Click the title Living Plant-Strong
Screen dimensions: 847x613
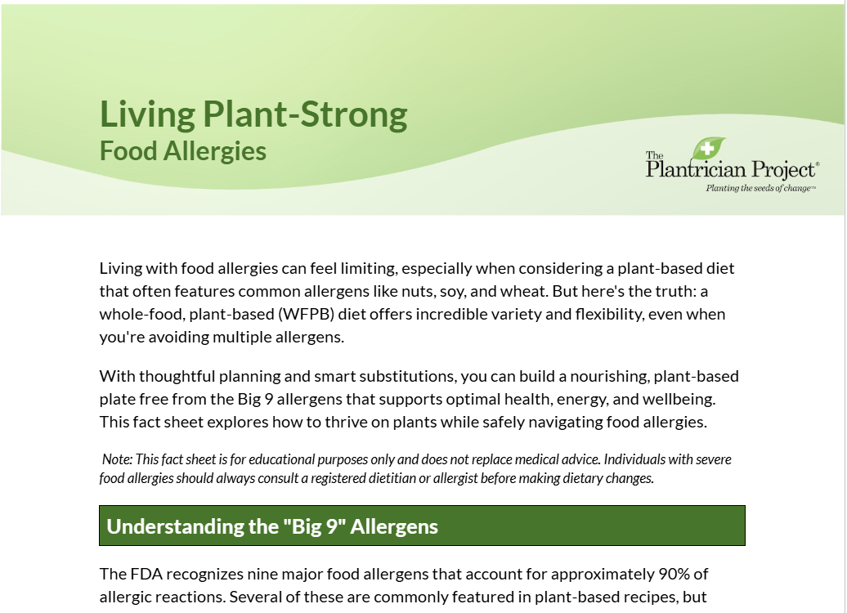click(x=253, y=114)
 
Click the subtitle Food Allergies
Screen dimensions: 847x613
click(x=183, y=151)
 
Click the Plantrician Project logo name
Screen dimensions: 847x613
click(x=732, y=168)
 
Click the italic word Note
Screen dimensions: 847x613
click(x=117, y=459)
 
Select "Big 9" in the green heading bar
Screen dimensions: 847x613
click(x=315, y=526)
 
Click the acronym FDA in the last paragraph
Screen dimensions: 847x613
click(x=146, y=574)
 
